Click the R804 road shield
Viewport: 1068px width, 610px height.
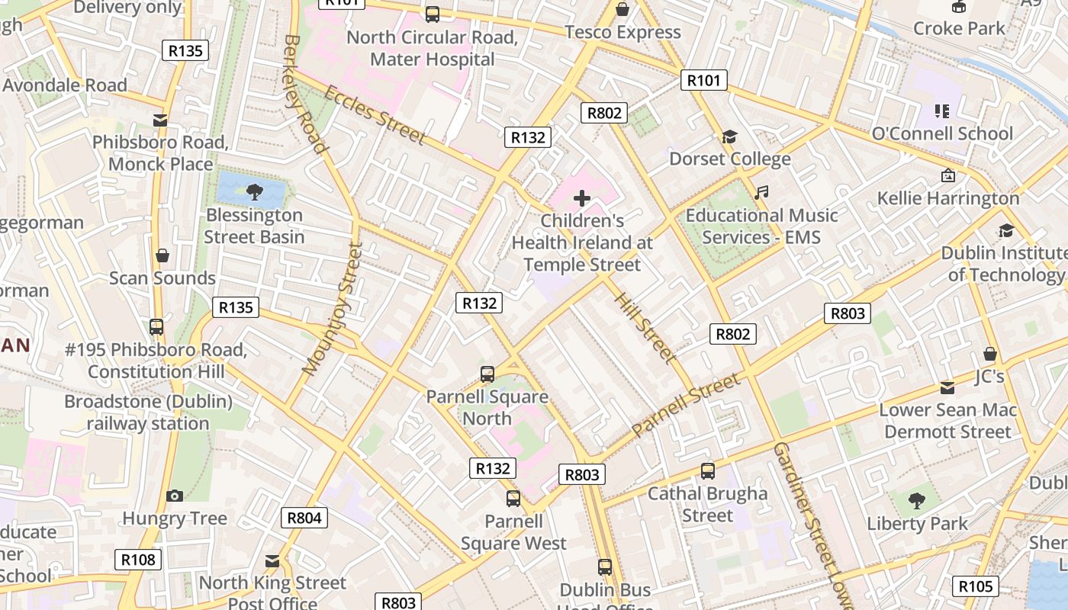point(304,518)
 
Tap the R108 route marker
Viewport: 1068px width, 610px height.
point(138,560)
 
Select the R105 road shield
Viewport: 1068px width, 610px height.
point(975,586)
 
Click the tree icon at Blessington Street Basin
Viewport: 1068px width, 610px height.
point(255,191)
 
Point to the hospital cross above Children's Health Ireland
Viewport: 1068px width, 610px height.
point(582,199)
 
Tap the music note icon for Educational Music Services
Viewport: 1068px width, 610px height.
point(761,193)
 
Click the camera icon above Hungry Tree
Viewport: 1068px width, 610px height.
point(175,496)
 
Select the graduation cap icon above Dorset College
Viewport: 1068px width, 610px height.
point(730,137)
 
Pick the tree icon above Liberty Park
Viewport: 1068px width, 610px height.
point(916,501)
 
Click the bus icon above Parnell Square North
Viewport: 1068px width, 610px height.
point(487,374)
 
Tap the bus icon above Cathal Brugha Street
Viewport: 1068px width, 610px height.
point(708,471)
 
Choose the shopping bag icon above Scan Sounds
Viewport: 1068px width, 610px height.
point(162,255)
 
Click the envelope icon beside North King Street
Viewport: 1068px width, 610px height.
point(272,561)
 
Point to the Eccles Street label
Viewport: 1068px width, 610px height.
point(375,115)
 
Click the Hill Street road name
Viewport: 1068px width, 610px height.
point(645,328)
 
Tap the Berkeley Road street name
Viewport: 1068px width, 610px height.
point(305,93)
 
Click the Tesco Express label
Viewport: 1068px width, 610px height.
point(622,32)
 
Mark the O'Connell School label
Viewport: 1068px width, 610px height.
point(942,133)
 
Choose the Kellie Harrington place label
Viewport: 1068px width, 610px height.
point(947,198)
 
